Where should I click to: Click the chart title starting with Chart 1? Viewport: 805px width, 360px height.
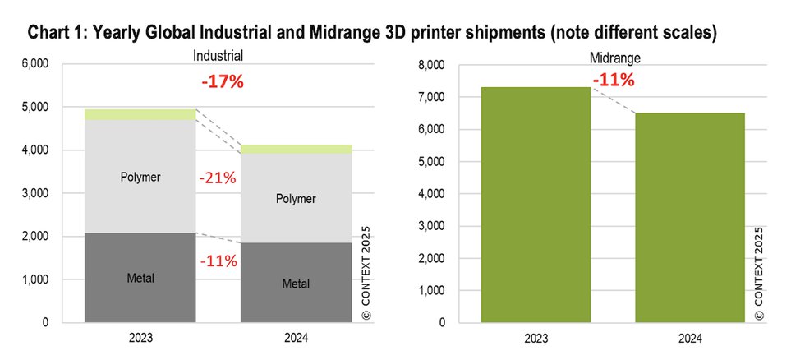pos(372,34)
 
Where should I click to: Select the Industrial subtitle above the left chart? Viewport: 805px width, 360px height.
pos(219,57)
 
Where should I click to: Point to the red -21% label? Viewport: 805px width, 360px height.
pos(218,178)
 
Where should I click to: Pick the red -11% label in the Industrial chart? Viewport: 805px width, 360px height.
pos(218,261)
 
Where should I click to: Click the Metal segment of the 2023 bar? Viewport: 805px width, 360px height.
pos(140,278)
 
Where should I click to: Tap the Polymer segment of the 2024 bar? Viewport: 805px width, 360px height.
pos(296,198)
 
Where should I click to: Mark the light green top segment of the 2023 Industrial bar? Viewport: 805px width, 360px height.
pos(140,115)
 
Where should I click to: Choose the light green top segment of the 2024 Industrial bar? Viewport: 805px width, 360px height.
pos(296,149)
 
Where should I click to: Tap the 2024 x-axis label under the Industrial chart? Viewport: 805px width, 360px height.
pos(296,338)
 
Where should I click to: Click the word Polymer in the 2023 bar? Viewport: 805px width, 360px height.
pos(140,176)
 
